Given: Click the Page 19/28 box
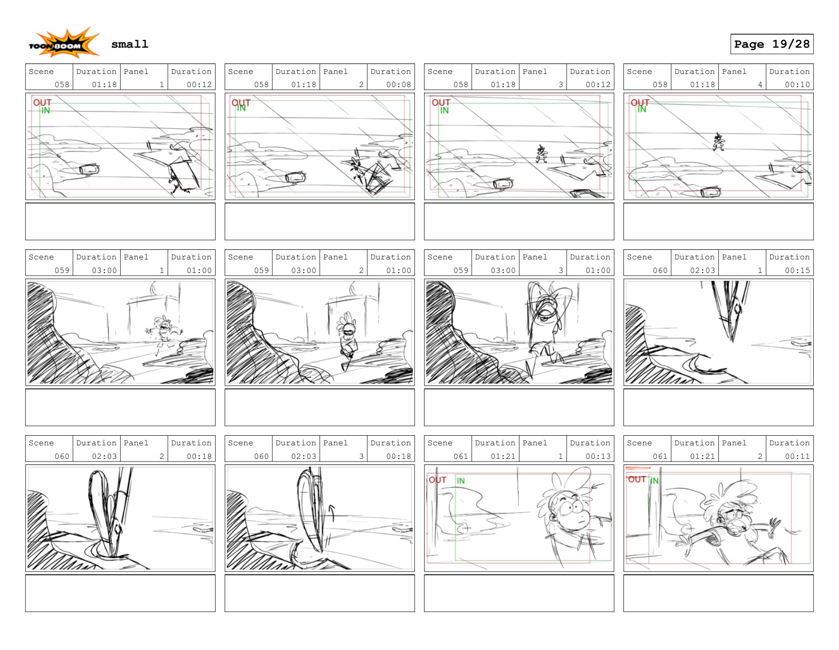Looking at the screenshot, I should pos(771,44).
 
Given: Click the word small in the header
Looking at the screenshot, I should pos(129,44).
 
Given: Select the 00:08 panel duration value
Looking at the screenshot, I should pos(398,85).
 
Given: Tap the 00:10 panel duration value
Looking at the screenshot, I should pos(797,85).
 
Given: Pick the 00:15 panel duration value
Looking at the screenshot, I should pos(797,270).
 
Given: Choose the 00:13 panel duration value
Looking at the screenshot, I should pos(598,456).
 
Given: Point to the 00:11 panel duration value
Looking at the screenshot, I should pos(797,456).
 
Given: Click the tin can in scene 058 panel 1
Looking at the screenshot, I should pos(89,169).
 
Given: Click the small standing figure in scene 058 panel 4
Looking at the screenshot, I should pos(718,142).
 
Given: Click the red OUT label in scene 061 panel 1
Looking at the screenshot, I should pos(437,480).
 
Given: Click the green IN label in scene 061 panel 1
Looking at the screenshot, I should pos(460,481).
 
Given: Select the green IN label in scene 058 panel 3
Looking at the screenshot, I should pos(444,111).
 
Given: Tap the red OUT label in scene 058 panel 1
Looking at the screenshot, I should pos(42,102).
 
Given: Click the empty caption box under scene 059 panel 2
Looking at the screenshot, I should pos(320,407).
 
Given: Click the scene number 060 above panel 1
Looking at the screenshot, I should pos(660,270).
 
